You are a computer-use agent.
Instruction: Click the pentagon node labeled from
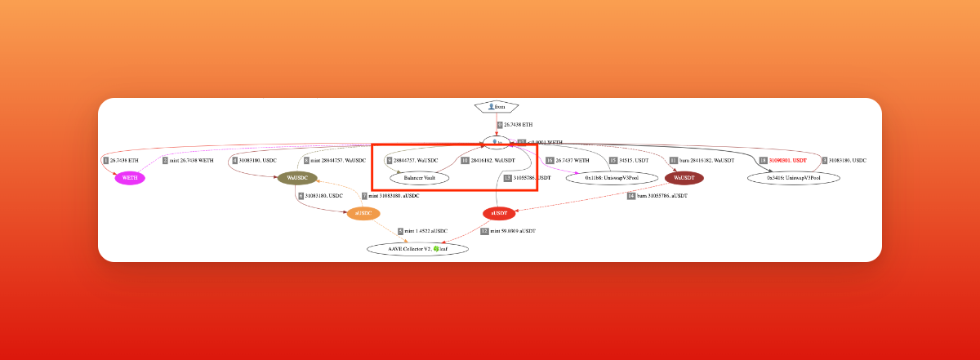click(496, 107)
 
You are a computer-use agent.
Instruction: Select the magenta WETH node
click(129, 177)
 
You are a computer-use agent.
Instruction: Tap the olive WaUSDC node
click(296, 177)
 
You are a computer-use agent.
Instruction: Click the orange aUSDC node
click(363, 213)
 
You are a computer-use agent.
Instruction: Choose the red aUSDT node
click(499, 213)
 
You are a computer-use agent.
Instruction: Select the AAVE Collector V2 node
click(417, 248)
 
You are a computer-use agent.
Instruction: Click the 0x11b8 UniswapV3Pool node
click(612, 177)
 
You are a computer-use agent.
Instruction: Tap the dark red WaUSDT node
click(684, 177)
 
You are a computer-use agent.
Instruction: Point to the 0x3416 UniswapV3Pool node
click(791, 177)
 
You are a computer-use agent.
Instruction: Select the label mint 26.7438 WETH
click(192, 160)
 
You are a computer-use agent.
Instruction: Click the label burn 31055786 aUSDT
click(662, 196)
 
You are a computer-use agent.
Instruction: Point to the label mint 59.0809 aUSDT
click(512, 231)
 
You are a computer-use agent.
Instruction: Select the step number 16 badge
click(550, 160)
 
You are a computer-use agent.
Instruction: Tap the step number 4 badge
click(234, 160)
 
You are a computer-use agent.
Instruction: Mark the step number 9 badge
click(400, 231)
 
